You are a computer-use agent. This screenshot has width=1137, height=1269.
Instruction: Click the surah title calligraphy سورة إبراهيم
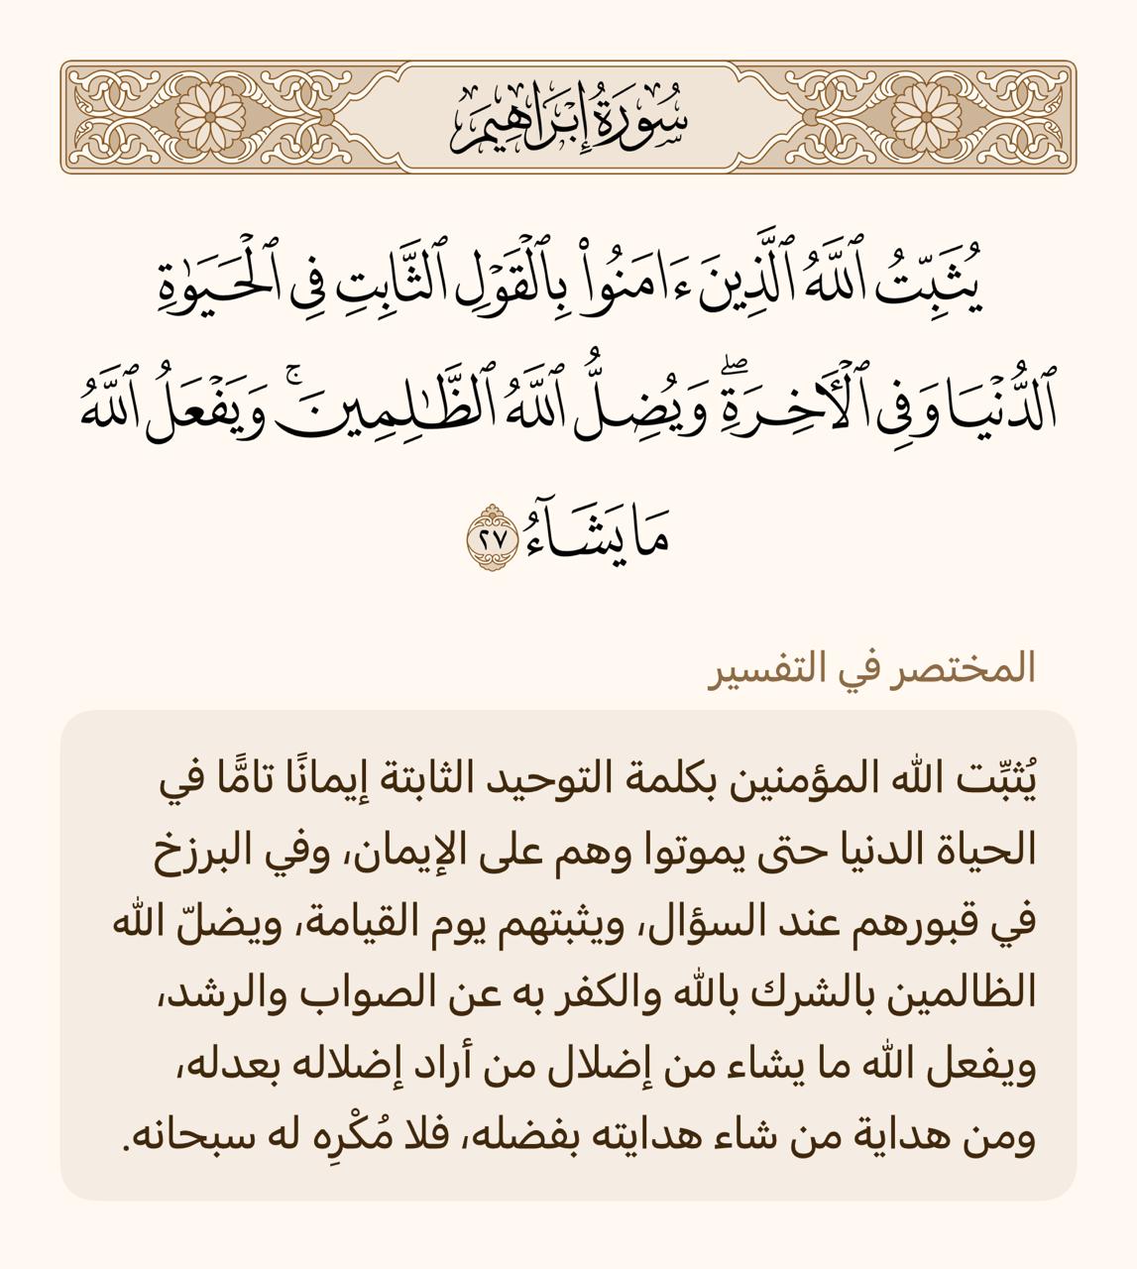coord(569,117)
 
